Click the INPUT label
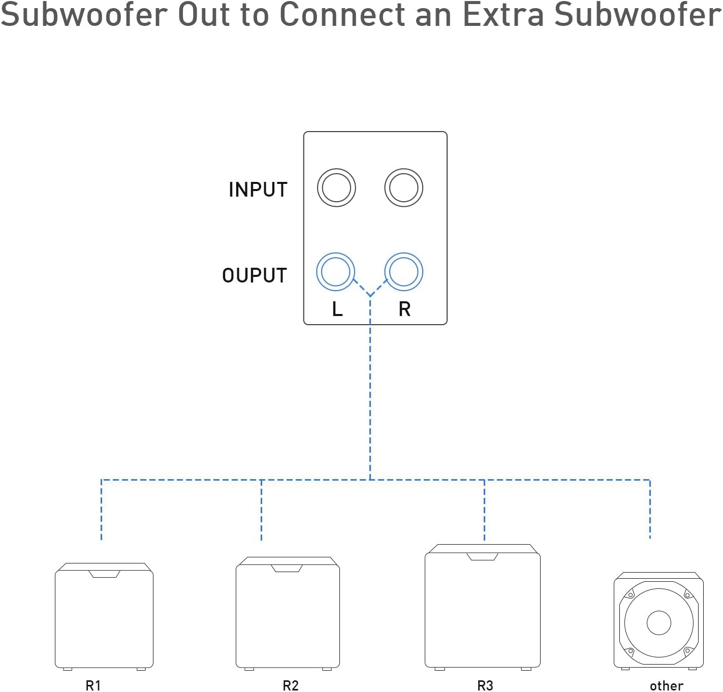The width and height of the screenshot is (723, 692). tap(258, 190)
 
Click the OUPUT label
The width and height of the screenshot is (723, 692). tap(255, 275)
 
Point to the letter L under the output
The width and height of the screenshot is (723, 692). tap(337, 309)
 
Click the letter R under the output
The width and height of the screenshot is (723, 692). tap(404, 309)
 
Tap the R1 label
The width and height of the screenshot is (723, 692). tap(93, 685)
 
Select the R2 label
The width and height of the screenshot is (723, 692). tap(291, 685)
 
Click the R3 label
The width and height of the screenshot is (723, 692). tap(485, 685)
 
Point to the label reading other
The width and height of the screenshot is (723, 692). tap(667, 686)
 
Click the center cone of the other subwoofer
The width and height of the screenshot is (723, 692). tap(658, 623)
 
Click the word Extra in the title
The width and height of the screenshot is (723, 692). tap(504, 15)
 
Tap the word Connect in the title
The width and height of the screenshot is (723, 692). tap(342, 15)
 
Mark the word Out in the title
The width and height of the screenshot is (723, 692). tap(204, 15)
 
